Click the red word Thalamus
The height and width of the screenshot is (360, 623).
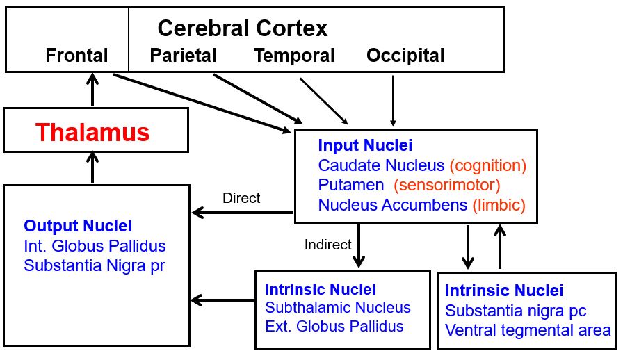(x=92, y=132)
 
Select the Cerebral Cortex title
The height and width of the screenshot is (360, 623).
(x=242, y=28)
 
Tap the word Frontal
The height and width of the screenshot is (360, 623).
(x=77, y=56)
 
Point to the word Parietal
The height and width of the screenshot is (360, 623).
(x=184, y=56)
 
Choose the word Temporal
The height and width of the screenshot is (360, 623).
(x=294, y=56)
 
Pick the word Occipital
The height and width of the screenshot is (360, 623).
(x=405, y=56)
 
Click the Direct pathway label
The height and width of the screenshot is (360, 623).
(x=241, y=198)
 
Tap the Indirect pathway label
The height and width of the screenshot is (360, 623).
(x=328, y=245)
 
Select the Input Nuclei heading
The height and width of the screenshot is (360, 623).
(x=365, y=146)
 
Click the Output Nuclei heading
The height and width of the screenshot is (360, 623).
(x=78, y=226)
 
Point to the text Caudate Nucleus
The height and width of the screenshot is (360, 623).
(x=381, y=165)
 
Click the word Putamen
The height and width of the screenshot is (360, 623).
(x=351, y=186)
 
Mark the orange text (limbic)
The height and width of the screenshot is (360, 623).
(x=499, y=206)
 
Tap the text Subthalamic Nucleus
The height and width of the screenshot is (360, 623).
(x=338, y=307)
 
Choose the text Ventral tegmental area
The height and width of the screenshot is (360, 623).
(x=528, y=331)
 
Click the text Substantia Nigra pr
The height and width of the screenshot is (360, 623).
(x=95, y=265)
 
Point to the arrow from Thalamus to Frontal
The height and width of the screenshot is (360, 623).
(x=92, y=89)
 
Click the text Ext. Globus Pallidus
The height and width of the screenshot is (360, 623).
(x=334, y=326)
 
